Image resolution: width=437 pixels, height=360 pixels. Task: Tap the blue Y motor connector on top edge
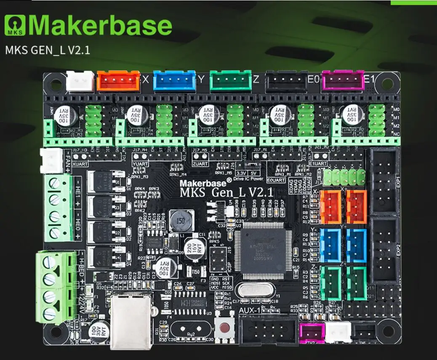pos(174,80)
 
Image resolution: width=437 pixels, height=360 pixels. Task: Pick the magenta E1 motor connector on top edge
pos(343,80)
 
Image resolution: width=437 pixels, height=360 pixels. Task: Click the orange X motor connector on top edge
pos(119,80)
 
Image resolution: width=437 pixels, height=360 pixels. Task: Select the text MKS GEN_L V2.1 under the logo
pos(48,50)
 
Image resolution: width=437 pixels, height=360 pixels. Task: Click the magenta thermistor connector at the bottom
pos(312,333)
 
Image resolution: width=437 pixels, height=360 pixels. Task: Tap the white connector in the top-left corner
pos(80,80)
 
